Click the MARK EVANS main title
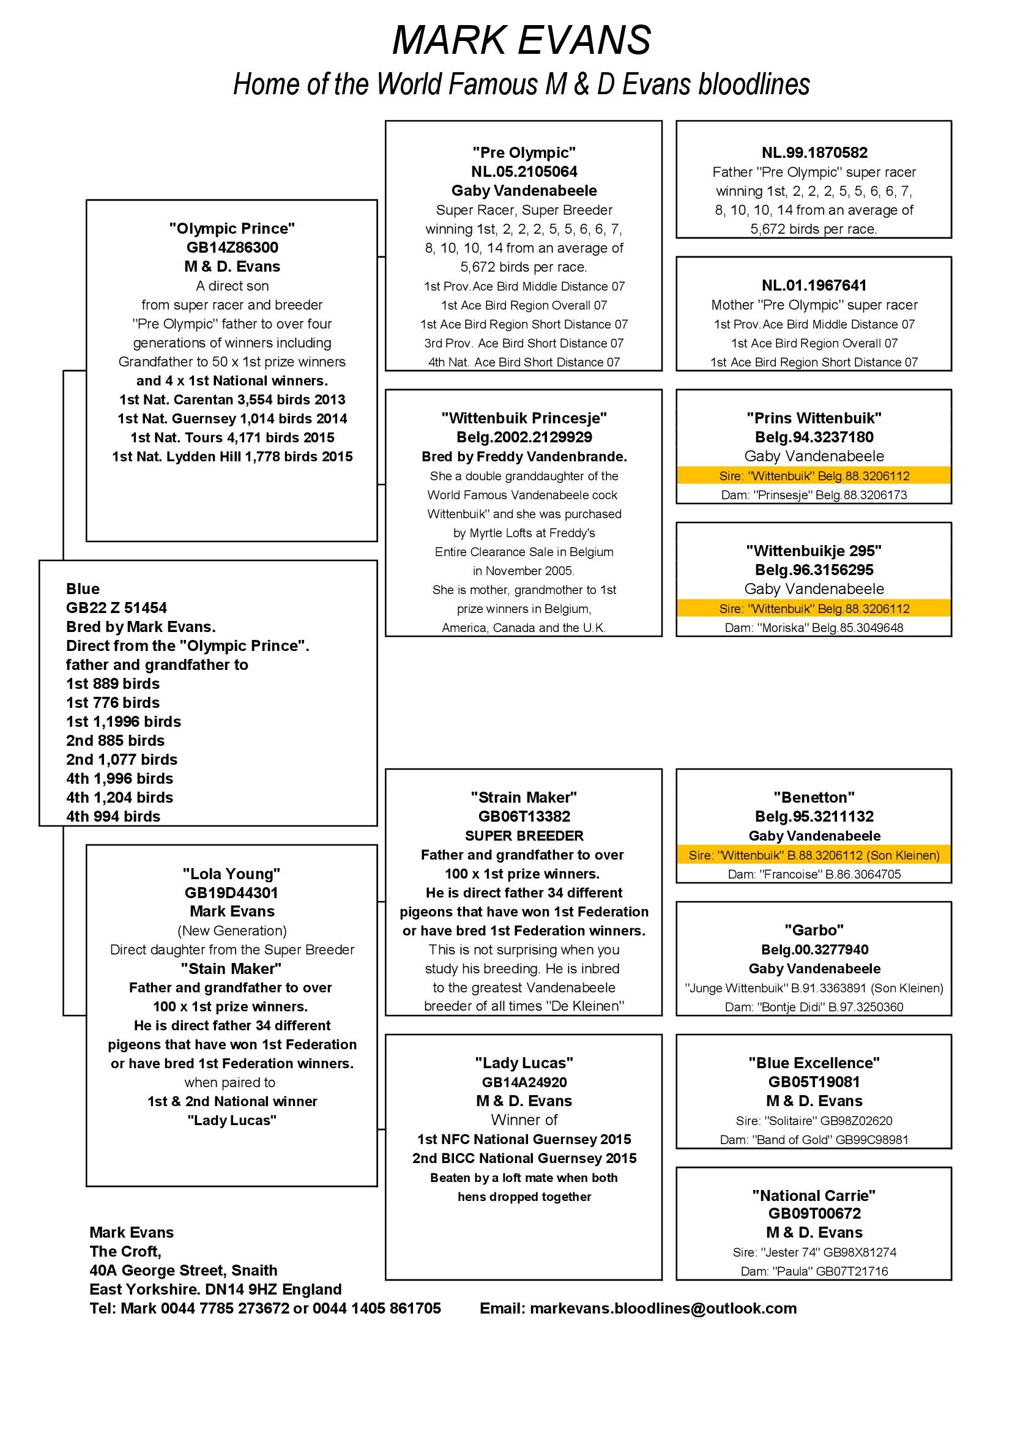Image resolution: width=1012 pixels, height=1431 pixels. click(521, 40)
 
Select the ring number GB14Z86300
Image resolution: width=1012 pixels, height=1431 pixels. click(232, 247)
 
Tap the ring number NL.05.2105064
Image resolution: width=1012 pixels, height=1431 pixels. click(524, 172)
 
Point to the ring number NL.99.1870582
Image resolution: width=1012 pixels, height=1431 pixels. click(814, 153)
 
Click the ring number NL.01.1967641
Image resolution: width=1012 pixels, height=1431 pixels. click(814, 286)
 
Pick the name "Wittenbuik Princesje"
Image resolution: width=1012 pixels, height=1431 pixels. click(524, 418)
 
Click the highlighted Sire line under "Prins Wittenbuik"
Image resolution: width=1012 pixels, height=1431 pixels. click(814, 476)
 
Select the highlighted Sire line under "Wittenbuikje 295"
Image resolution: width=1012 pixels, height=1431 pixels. click(814, 609)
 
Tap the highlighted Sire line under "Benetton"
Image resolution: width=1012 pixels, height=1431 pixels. click(814, 855)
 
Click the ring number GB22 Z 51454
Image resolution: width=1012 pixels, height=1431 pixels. click(116, 608)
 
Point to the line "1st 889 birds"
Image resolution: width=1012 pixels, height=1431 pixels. click(113, 684)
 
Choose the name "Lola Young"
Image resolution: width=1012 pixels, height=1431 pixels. click(232, 874)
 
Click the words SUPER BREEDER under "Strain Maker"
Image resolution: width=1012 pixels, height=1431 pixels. click(524, 836)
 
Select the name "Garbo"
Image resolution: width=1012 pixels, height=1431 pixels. click(814, 931)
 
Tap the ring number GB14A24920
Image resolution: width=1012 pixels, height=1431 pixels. click(524, 1083)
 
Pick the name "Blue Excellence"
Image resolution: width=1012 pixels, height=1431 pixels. click(814, 1063)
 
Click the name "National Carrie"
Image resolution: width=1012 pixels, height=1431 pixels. click(814, 1195)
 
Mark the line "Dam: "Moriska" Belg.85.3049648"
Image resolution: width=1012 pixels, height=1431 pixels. click(814, 628)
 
